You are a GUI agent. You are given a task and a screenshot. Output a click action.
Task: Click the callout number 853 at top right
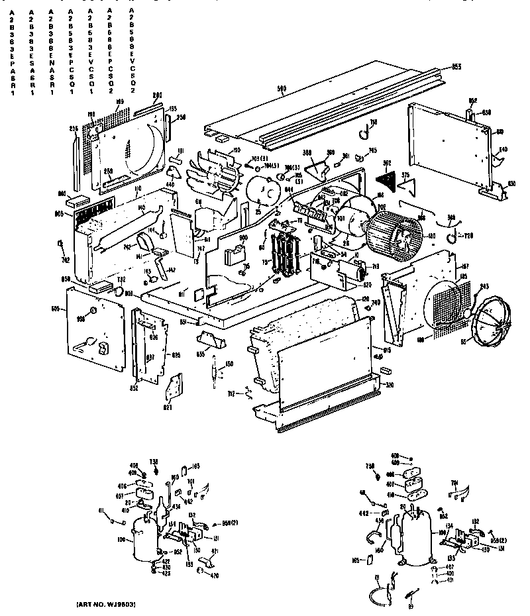[456, 67]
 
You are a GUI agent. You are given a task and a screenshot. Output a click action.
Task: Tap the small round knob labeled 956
[93, 311]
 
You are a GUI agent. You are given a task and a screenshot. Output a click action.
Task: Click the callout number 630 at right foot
[511, 183]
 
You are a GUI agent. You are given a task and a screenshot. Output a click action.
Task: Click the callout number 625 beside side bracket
[176, 355]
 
